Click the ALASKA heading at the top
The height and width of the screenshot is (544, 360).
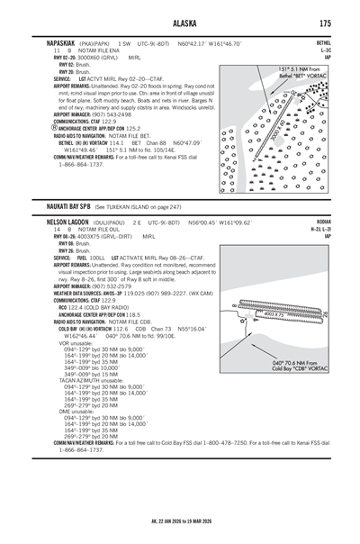180,23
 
